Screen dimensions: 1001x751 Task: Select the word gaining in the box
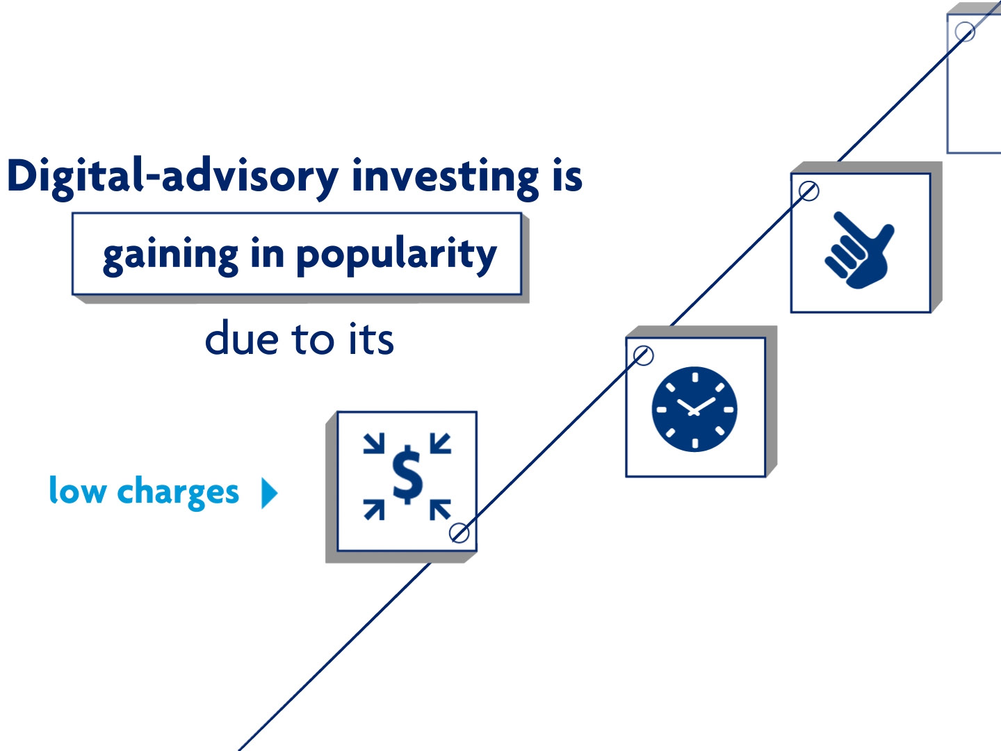[170, 255]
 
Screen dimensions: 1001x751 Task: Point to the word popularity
[396, 255]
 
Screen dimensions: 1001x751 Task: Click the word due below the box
[242, 339]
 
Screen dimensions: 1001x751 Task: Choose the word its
[371, 339]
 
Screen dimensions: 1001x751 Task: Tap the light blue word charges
[178, 492]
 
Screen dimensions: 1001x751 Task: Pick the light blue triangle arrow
[269, 492]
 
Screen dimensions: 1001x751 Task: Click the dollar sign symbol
[407, 475]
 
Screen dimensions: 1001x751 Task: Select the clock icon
[694, 409]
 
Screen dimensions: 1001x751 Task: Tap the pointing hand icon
[859, 250]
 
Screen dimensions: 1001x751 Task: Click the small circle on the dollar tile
[459, 533]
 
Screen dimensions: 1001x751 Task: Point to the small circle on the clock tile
[643, 355]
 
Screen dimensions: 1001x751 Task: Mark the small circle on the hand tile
[808, 191]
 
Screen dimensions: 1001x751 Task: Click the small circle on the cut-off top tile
[965, 31]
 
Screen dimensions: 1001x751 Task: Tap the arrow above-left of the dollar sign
[374, 443]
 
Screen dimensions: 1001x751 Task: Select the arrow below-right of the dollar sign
[441, 510]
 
